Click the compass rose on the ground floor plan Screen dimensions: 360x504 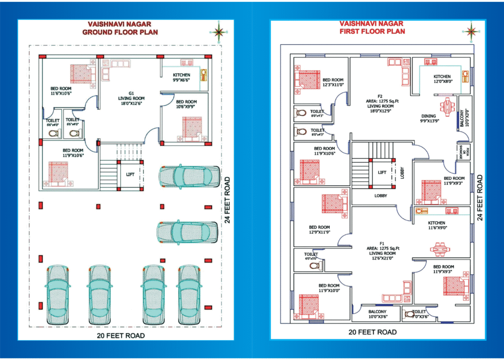pyautogui.click(x=219, y=32)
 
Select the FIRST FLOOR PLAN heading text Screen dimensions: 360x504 pyautogui.click(x=372, y=31)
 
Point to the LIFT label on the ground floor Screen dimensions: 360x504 pyautogui.click(x=130, y=174)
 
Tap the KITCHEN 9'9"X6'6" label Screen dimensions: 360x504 pyautogui.click(x=182, y=77)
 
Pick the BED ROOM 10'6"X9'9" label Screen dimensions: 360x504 pyautogui.click(x=186, y=104)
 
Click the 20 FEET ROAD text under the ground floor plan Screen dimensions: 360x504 pyautogui.click(x=121, y=335)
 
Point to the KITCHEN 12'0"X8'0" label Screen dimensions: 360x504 pyautogui.click(x=442, y=79)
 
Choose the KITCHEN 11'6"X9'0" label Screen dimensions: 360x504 pyautogui.click(x=437, y=225)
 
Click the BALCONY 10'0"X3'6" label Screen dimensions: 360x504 pyautogui.click(x=378, y=314)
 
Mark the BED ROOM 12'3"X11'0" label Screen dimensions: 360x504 pyautogui.click(x=333, y=82)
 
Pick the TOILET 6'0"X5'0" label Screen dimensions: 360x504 pyautogui.click(x=311, y=256)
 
